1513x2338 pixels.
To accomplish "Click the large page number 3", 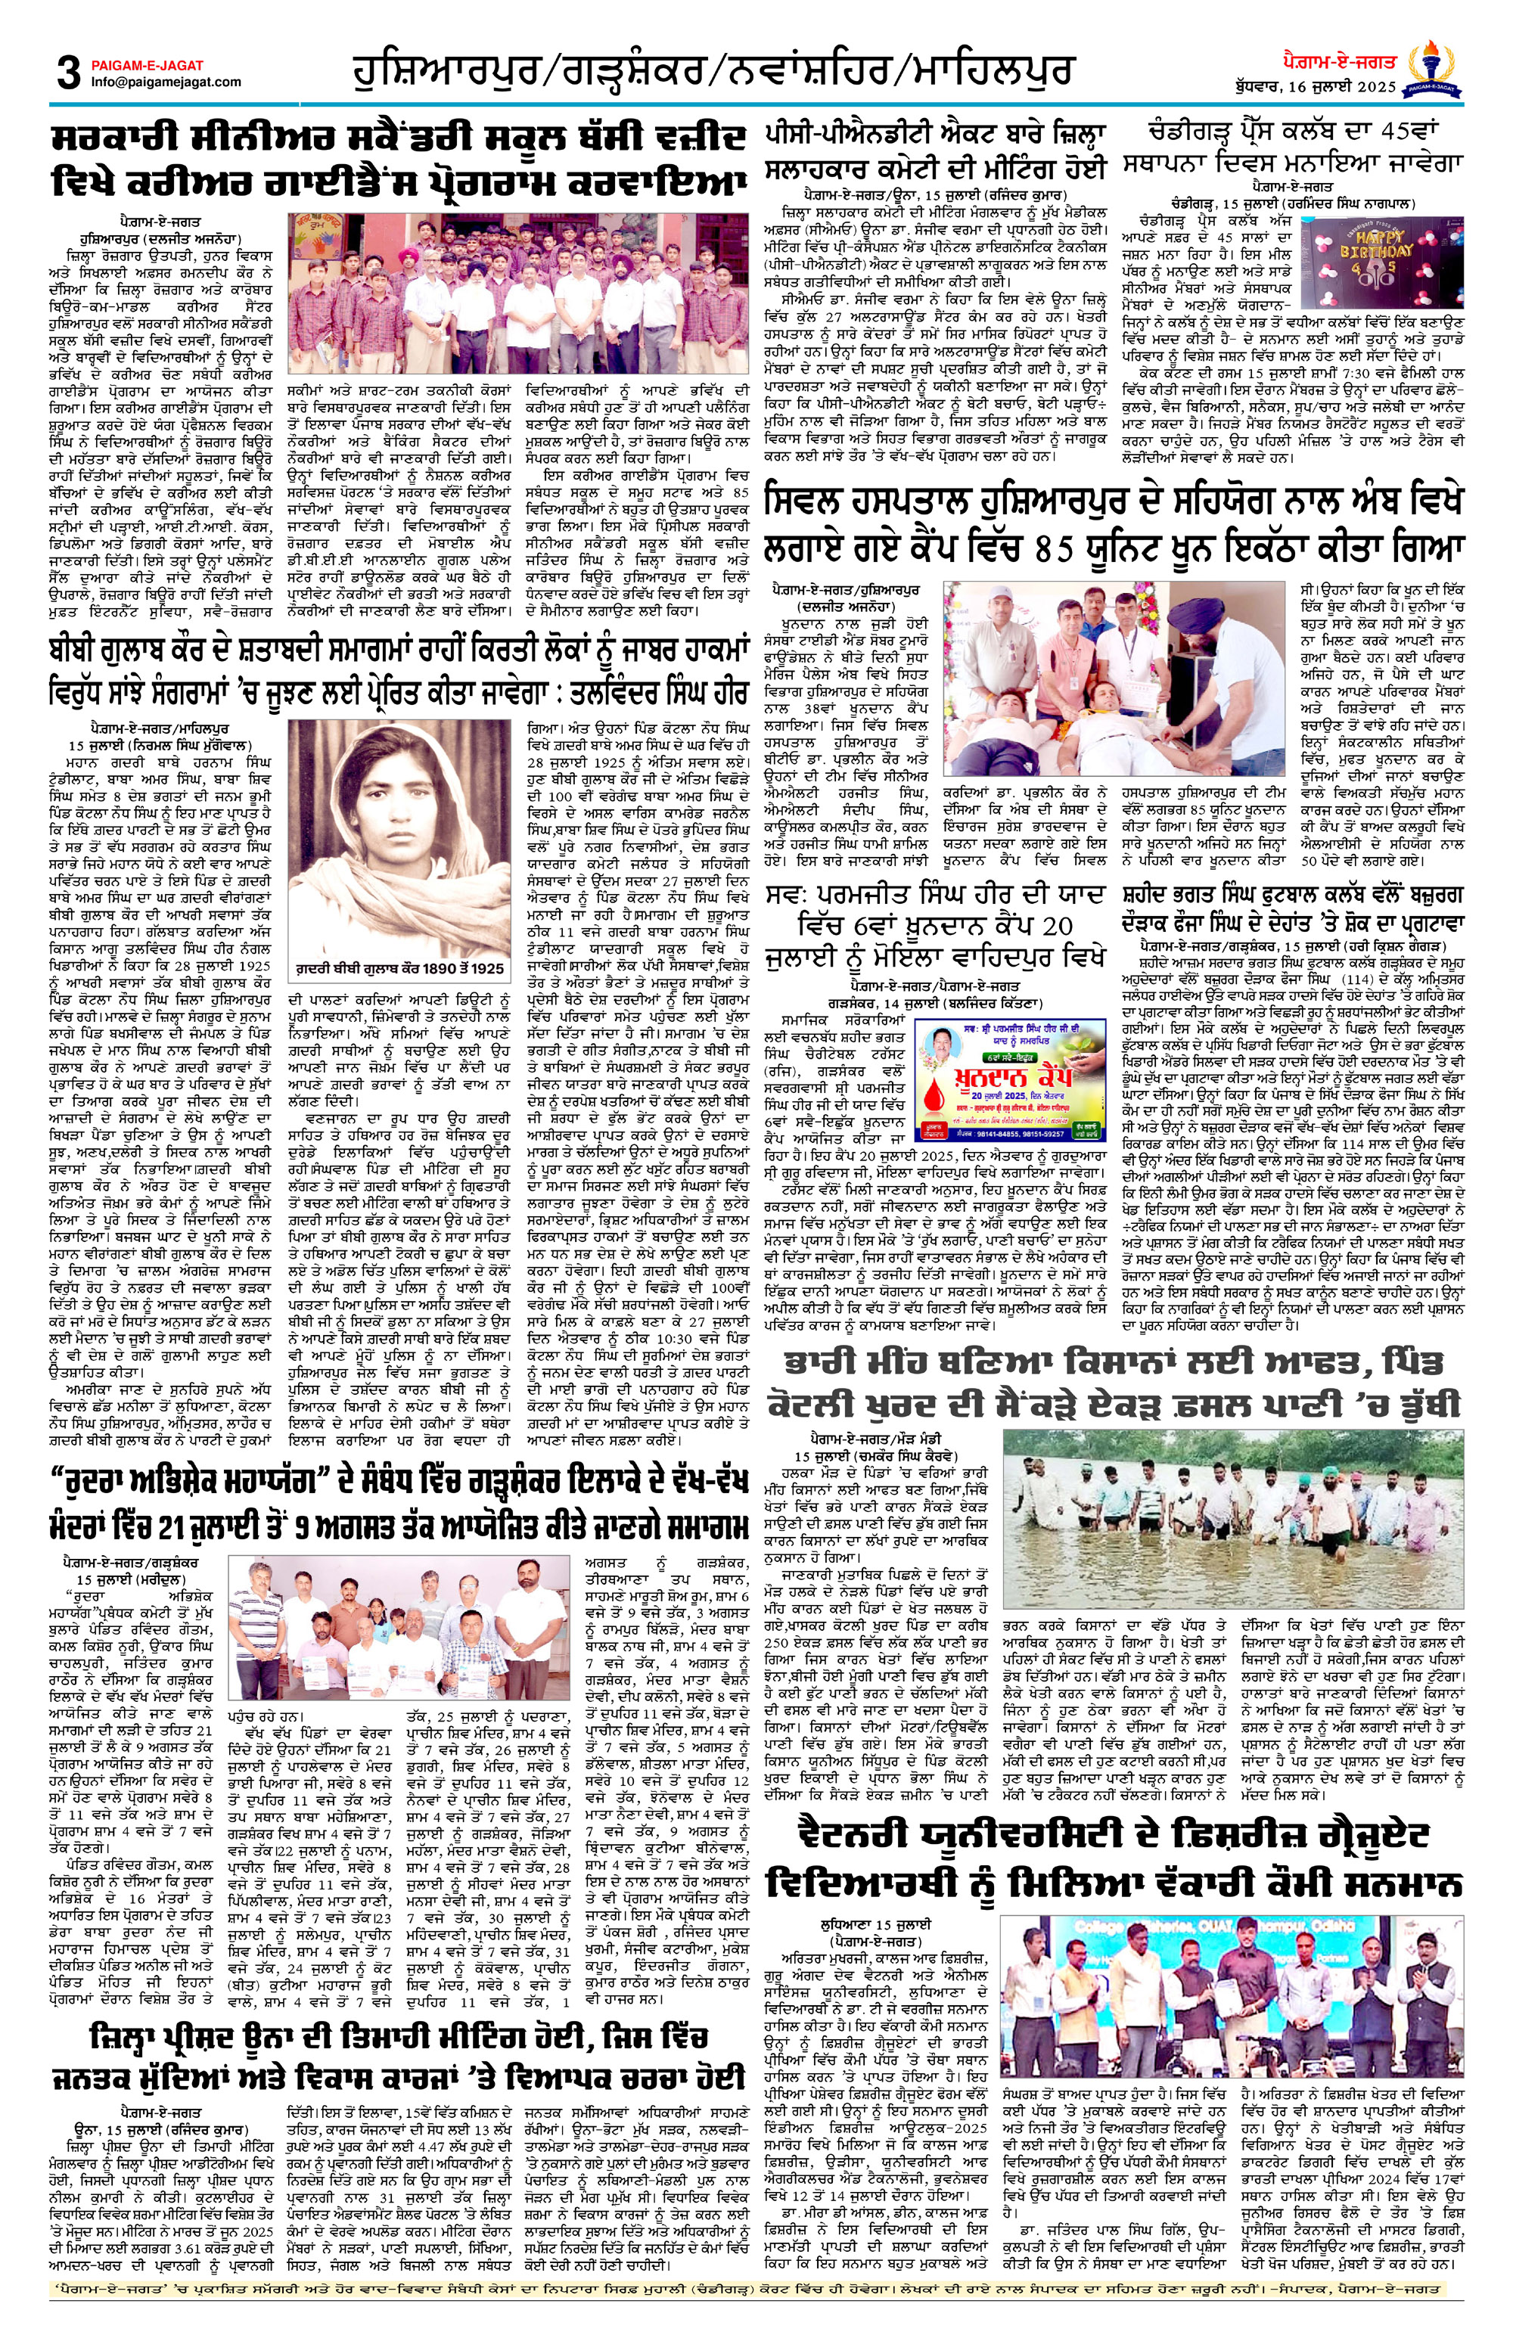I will click(x=68, y=72).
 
